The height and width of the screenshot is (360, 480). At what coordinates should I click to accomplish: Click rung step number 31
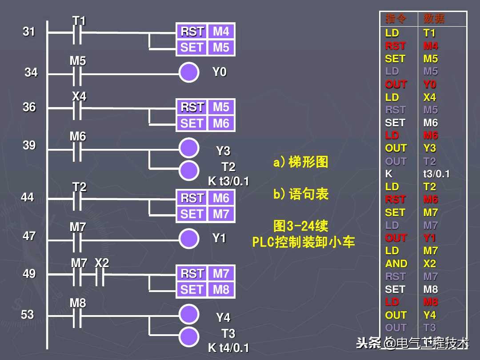pos(29,32)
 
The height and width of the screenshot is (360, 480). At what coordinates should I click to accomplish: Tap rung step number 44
pos(28,197)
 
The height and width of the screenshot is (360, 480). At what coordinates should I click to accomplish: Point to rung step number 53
pos(28,315)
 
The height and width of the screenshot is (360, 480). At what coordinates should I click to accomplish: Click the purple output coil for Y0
pos(189,72)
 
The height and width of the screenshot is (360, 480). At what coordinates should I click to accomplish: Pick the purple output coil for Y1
pos(189,238)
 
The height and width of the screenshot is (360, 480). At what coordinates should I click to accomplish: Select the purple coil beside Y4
pos(189,314)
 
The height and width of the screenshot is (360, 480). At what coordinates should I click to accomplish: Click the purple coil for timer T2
pos(189,169)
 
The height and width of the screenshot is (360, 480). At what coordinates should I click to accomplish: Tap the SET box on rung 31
pos(192,48)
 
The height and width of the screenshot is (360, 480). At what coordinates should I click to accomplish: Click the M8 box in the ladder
pos(221,290)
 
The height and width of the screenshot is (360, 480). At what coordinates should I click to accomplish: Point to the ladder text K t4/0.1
pos(228,348)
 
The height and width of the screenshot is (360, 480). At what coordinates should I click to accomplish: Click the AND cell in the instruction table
pos(396,264)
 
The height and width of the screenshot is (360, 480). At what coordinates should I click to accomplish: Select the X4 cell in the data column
pos(429,97)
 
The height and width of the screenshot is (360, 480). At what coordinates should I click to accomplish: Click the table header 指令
pos(396,19)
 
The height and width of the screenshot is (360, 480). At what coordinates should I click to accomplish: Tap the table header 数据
pos(434,19)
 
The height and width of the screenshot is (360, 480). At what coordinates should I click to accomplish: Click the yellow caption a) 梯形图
pos(301,162)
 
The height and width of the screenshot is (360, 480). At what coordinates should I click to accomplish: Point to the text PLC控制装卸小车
pos(304,242)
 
